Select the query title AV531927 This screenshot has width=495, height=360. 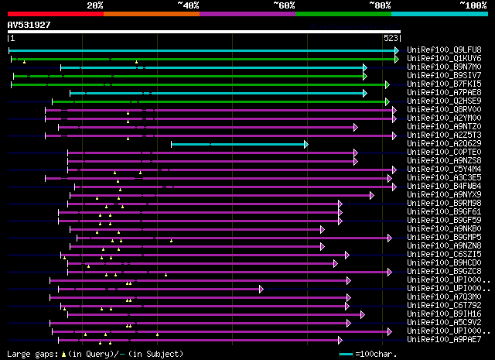29,26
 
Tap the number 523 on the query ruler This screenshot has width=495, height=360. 391,38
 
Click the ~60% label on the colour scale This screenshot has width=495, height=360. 284,5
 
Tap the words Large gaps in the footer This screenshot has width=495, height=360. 27,354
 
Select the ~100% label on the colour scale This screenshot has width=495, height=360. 472,5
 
